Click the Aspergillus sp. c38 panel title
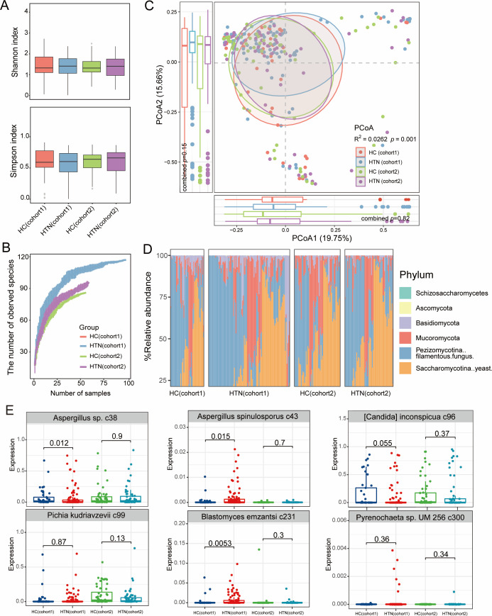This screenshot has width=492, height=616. click(72, 415)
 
